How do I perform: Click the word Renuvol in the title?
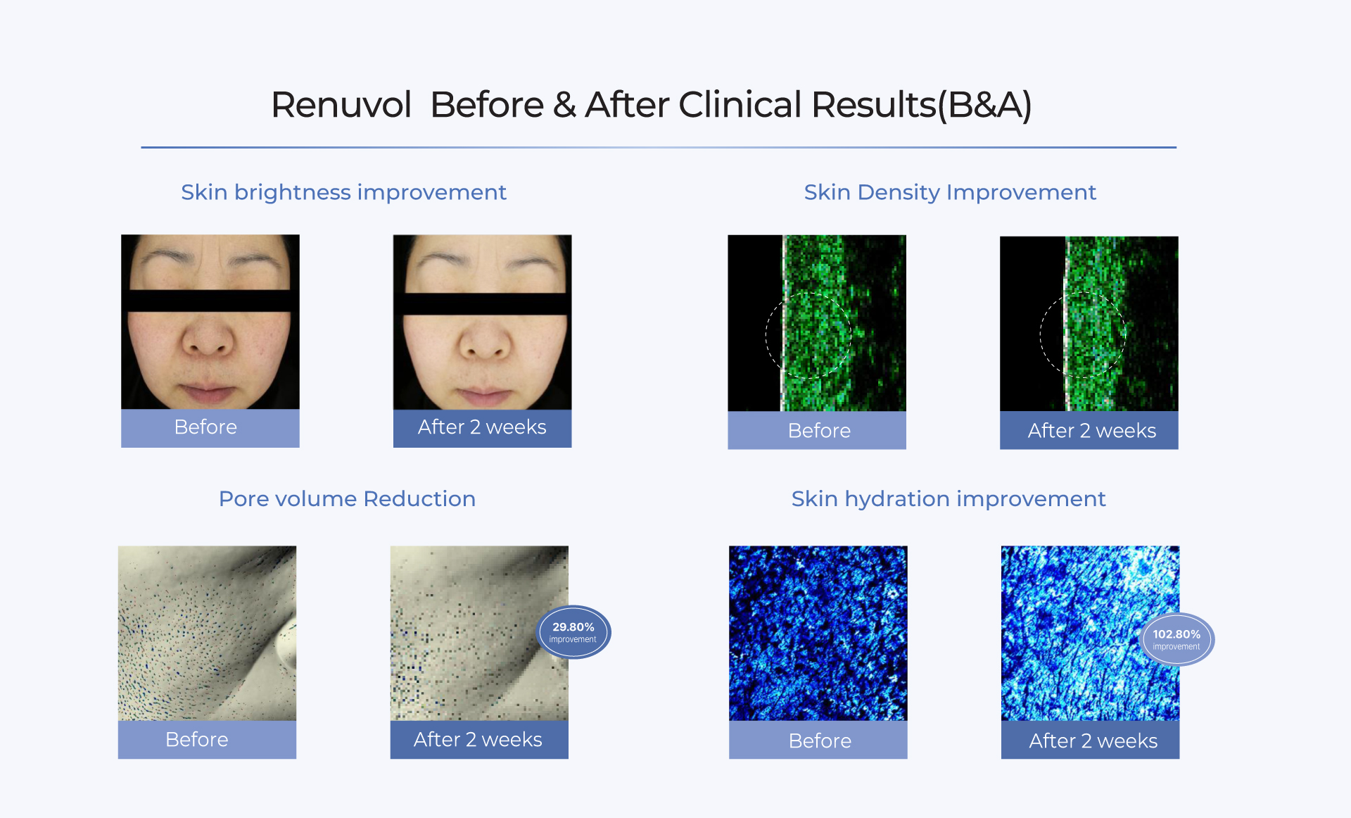pos(341,105)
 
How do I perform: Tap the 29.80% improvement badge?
pos(573,632)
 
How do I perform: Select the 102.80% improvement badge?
pos(1176,639)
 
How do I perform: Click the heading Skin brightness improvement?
pos(343,192)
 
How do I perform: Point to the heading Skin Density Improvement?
pos(950,192)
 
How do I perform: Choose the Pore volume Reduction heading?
pos(347,498)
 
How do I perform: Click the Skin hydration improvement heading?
pos(949,498)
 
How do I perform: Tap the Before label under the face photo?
pos(205,427)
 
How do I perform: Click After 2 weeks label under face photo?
pos(482,427)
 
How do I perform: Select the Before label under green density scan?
pos(819,431)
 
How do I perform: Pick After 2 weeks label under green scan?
pos(1092,431)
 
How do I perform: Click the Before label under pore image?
pos(196,740)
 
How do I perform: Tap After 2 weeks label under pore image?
pos(478,740)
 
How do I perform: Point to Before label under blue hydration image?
pos(820,741)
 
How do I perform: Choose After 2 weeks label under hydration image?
pos(1093,741)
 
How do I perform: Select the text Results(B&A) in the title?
pos(922,106)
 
